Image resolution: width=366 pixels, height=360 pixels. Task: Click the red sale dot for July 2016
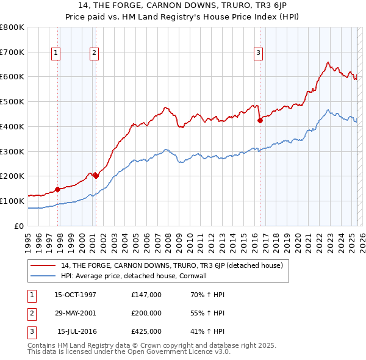point(260,120)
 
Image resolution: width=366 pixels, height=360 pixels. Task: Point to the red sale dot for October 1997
point(57,189)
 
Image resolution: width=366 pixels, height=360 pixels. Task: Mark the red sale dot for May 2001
point(96,176)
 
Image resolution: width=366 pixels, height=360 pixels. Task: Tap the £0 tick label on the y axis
point(20,226)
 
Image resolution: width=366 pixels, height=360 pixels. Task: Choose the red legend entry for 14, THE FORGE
point(171,266)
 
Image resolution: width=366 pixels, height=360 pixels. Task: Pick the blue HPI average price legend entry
point(134,276)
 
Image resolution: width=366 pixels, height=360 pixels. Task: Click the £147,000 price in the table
point(146,295)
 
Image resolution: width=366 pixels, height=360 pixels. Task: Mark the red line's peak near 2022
point(328,62)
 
